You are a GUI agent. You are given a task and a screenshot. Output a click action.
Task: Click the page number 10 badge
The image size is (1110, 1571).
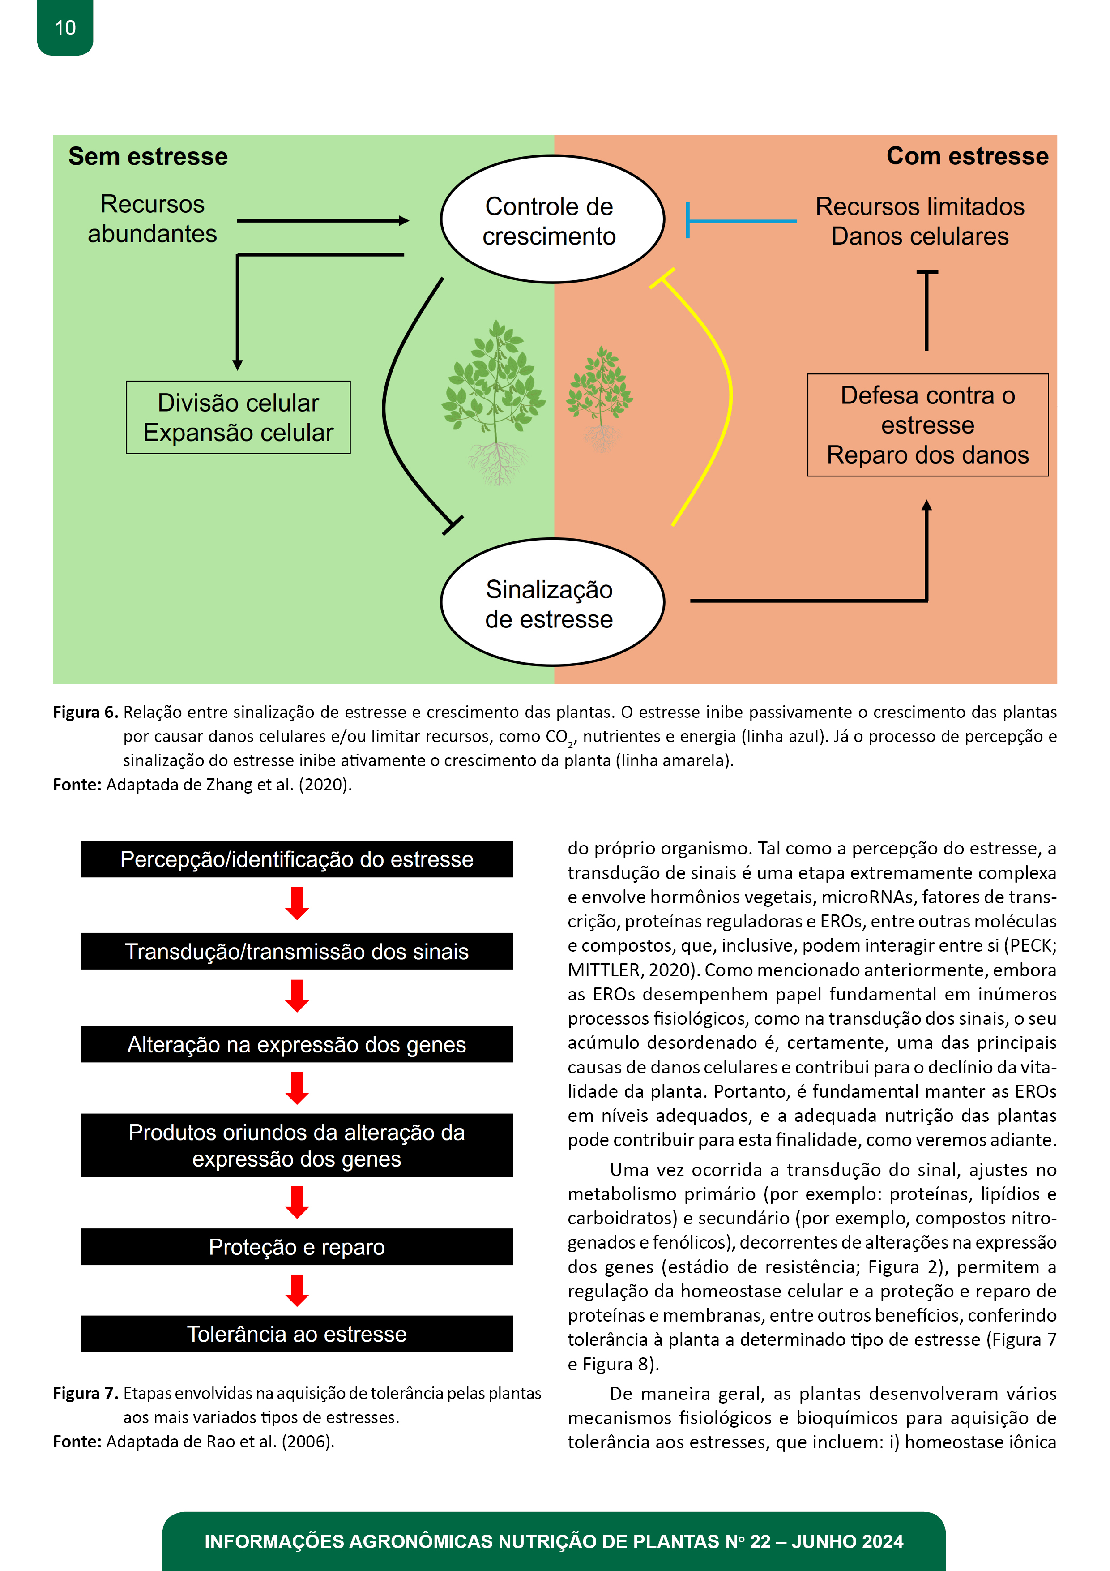65,27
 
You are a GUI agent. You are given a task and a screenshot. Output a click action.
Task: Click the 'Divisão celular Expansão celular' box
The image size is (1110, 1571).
238,417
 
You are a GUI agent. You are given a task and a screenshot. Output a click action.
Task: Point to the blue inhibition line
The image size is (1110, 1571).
741,221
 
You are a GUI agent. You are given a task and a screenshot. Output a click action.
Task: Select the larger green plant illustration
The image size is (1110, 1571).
494,402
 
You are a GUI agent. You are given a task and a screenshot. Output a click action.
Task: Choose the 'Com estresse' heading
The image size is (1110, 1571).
967,156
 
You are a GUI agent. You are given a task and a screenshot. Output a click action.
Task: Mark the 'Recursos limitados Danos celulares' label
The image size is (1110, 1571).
920,221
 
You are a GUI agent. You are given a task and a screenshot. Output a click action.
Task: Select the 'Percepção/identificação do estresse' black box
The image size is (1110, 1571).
297,859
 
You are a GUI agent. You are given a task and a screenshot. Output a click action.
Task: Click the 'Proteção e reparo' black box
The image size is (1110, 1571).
297,1247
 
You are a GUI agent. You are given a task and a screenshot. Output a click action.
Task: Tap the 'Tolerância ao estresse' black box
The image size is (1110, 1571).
297,1334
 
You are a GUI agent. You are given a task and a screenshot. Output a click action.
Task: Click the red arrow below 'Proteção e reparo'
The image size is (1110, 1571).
297,1290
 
